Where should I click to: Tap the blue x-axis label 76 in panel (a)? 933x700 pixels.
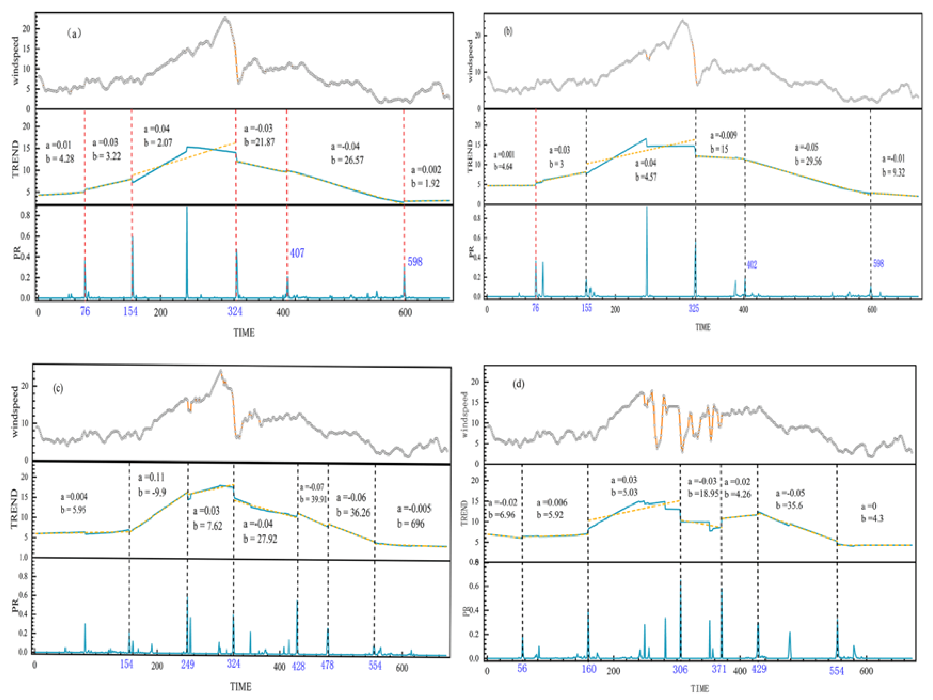[x=85, y=312]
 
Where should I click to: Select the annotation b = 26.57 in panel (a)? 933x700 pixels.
[x=347, y=160]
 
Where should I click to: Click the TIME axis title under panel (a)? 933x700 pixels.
[x=244, y=333]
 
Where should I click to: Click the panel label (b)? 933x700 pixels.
[x=508, y=32]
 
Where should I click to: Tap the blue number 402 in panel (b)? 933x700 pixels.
[x=752, y=265]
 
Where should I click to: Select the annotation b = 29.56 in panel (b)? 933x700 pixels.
[x=808, y=161]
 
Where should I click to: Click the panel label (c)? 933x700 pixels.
[x=58, y=388]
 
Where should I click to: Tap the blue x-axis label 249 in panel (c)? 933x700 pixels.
[x=188, y=665]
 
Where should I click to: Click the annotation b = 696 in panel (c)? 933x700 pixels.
[x=410, y=524]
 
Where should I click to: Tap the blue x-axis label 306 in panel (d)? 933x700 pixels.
[x=680, y=669]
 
